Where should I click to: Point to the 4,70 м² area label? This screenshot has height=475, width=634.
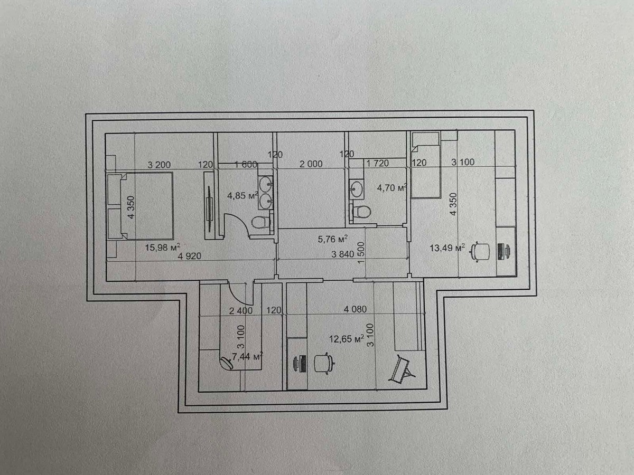[391, 187]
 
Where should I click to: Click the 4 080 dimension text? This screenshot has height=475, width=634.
[355, 310]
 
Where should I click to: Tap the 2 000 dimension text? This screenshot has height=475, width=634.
[311, 164]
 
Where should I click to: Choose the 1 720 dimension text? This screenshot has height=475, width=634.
[377, 164]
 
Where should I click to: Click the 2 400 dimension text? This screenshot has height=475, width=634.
[241, 310]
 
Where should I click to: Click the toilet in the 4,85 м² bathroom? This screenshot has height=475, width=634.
[259, 222]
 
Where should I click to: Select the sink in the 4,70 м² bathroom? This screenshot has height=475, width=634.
[357, 188]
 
